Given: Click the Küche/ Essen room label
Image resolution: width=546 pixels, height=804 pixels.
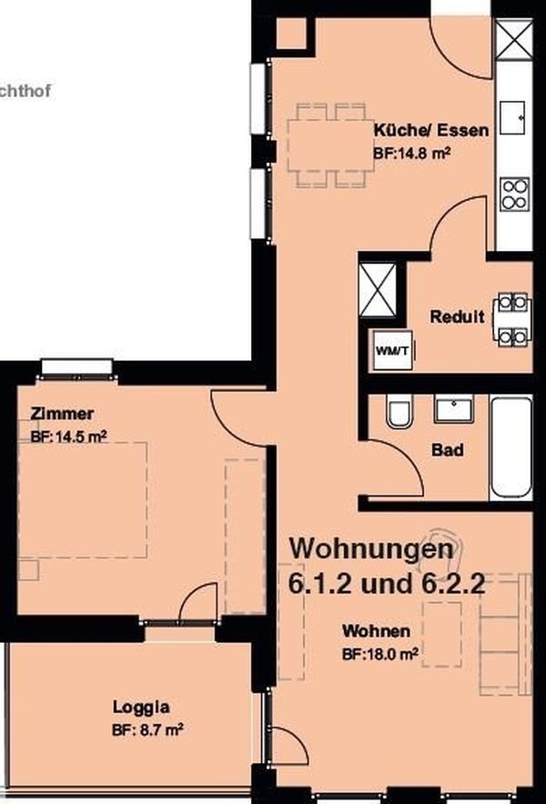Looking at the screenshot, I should pos(430,130).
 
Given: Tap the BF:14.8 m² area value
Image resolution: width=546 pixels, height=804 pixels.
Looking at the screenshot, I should pos(412,153).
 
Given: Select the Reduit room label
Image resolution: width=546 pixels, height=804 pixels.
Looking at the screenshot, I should pos(457,317).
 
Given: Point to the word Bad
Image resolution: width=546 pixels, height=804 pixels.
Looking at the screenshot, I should pos(448,449).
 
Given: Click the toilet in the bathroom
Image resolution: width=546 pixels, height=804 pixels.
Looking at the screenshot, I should pos(399,414).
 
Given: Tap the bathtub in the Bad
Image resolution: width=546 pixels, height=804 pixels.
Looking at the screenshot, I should pos(512,447).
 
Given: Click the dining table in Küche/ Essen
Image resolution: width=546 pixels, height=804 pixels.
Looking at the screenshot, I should pos(326,143).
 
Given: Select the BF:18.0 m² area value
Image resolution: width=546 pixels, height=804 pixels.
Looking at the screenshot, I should pos(379,653).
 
